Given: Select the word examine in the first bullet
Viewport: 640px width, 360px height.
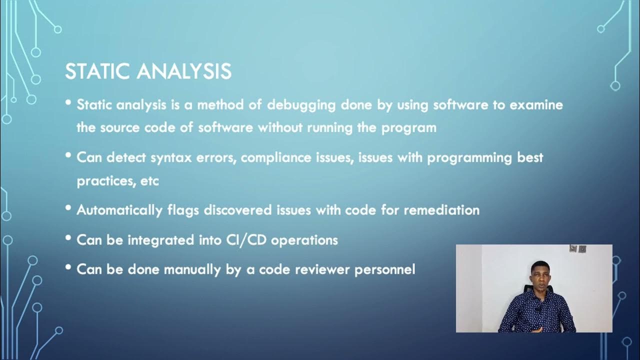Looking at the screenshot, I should point(536,105).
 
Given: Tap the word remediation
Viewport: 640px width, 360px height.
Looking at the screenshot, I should point(441,210).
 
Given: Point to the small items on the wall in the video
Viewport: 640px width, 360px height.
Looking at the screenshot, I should point(577,248).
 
